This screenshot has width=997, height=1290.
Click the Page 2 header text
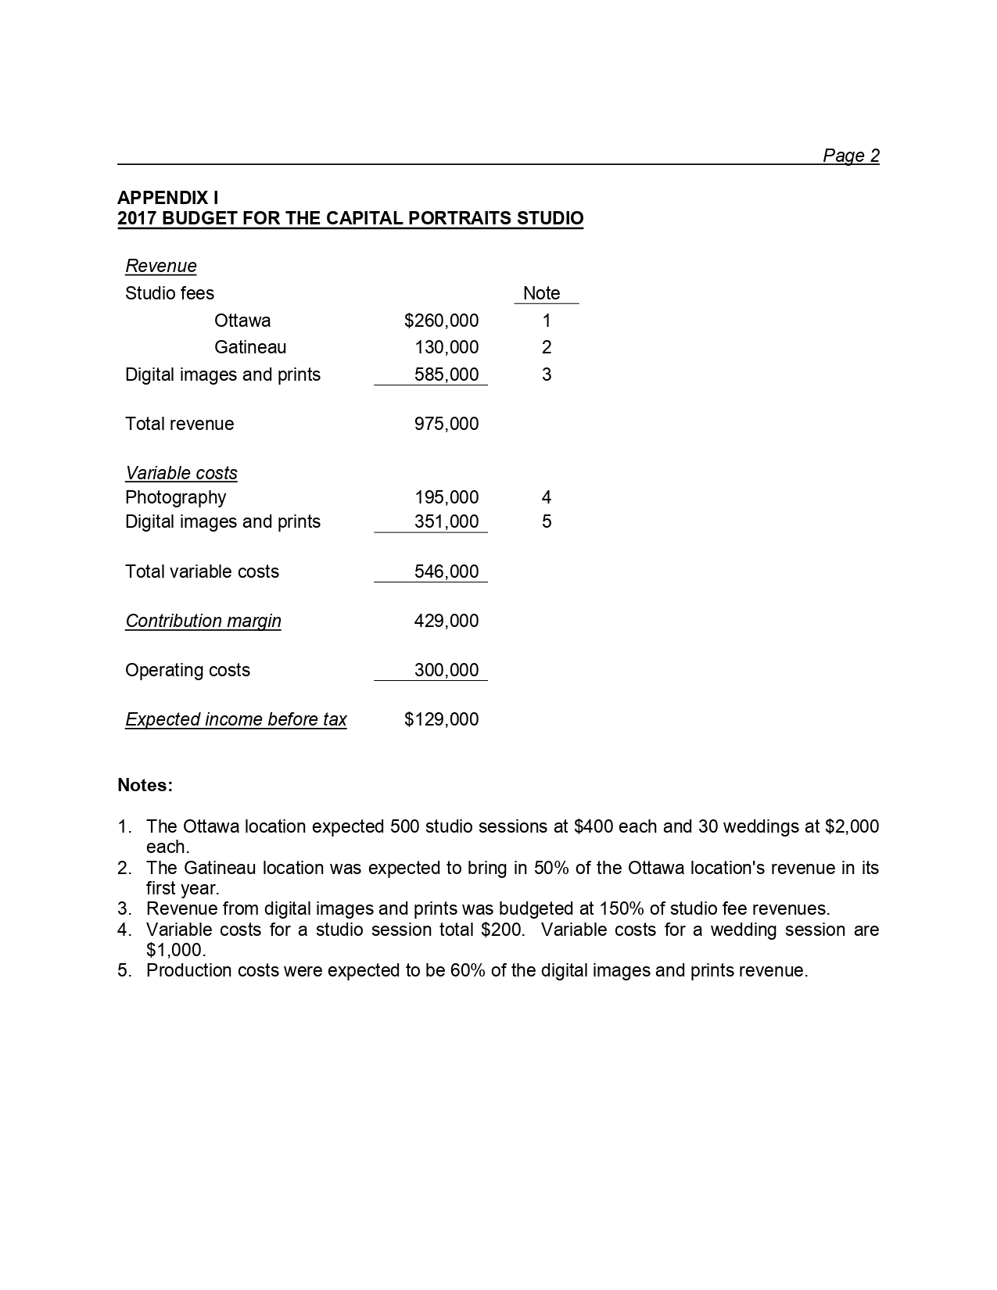[851, 156]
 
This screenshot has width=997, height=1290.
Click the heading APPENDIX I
[168, 198]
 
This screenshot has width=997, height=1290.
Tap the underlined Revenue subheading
[161, 266]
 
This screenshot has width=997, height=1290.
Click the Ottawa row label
[242, 321]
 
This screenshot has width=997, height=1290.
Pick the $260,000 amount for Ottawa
[441, 321]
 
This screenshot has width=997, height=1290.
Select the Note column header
[541, 293]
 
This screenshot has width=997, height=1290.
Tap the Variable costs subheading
[181, 473]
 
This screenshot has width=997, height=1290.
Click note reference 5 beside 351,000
[547, 521]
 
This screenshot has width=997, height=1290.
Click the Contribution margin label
[203, 621]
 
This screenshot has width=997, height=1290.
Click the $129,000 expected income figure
[441, 719]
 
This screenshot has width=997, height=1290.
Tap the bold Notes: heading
[145, 785]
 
